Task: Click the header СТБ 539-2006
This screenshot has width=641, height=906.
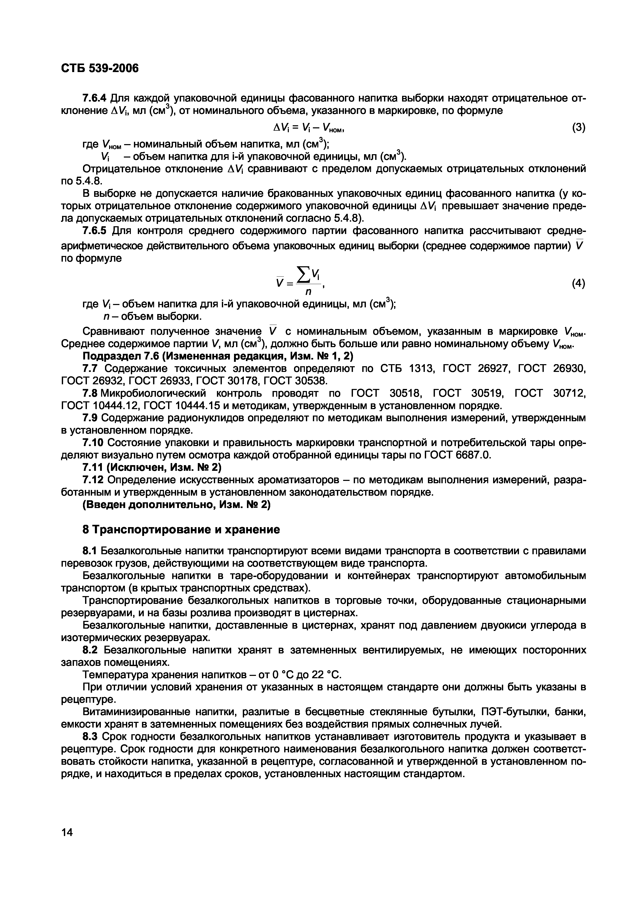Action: coord(100,68)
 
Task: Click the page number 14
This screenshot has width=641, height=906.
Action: coord(67,832)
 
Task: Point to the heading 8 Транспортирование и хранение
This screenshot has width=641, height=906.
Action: coord(181,529)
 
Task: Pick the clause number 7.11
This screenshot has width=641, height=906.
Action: coord(93,468)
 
